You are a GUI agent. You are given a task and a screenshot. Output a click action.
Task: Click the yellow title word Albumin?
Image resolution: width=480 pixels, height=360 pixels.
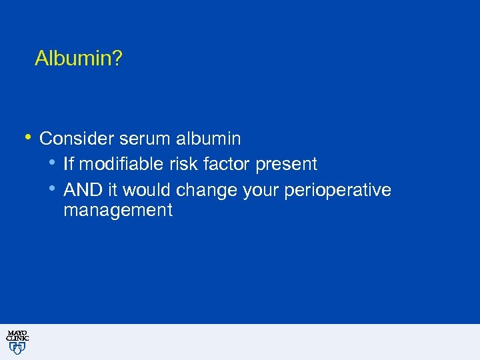coord(79,59)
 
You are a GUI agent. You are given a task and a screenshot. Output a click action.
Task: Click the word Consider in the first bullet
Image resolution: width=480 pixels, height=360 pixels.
coord(77,139)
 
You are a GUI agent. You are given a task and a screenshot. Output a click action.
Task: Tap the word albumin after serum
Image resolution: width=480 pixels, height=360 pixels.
coord(209,139)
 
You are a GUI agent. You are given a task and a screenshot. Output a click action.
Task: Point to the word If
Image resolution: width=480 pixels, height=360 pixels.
coord(68,164)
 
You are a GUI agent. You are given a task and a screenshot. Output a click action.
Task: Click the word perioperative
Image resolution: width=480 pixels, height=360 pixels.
coord(337,191)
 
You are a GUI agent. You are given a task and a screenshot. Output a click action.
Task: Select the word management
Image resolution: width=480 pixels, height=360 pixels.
coord(118,211)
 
